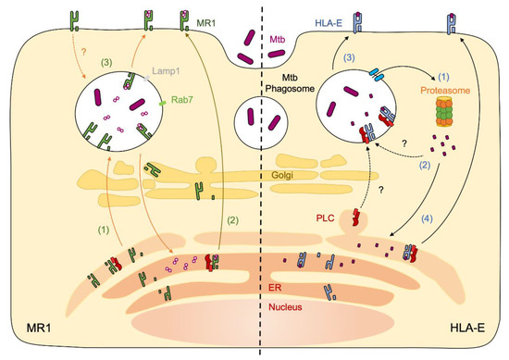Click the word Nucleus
pos(290,303)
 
